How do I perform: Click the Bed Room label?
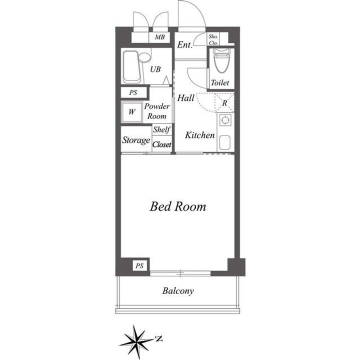[178, 206]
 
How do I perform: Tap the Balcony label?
[178, 291]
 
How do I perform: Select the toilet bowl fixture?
[222, 60]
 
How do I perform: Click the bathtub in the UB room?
[131, 67]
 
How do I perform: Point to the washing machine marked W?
[132, 112]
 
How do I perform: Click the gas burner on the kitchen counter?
[225, 120]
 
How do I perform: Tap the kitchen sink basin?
[224, 142]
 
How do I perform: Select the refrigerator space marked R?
[224, 102]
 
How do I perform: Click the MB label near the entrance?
[159, 36]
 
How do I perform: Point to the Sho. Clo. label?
[213, 39]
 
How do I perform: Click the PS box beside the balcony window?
[139, 266]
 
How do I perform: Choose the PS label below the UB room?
[133, 93]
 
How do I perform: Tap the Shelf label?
[161, 129]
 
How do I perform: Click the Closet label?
[161, 144]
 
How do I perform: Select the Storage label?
[136, 140]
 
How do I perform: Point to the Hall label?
[185, 98]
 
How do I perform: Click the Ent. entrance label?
[184, 44]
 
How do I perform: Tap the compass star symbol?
[136, 341]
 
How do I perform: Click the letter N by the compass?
[158, 338]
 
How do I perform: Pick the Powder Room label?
[157, 111]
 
